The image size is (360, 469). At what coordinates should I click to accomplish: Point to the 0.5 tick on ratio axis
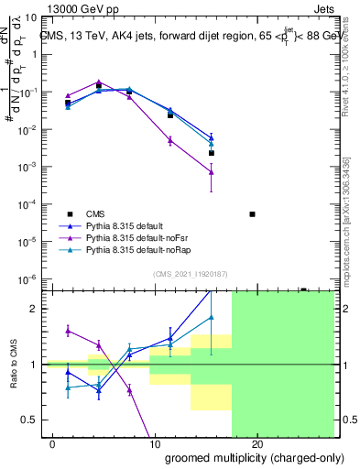[x=29, y=420]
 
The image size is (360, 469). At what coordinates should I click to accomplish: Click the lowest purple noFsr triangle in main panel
[x=212, y=171]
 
